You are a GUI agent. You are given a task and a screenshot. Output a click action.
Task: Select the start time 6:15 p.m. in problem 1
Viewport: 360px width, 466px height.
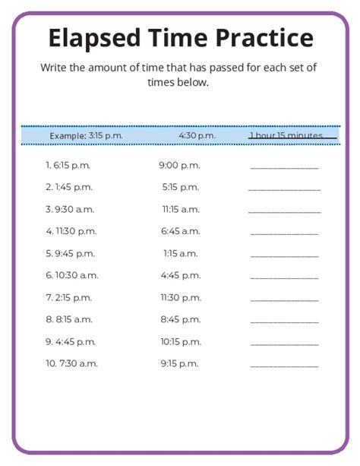(73, 165)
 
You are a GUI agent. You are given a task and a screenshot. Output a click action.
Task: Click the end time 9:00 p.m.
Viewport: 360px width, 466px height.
(179, 165)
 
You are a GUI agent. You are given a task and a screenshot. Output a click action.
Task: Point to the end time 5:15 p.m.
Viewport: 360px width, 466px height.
(180, 187)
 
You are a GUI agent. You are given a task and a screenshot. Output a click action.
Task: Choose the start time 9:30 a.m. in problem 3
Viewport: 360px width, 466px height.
(74, 209)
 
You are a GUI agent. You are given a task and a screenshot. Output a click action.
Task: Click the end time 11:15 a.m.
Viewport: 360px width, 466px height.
(180, 209)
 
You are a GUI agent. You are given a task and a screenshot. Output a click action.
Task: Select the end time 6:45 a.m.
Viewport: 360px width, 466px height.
(180, 231)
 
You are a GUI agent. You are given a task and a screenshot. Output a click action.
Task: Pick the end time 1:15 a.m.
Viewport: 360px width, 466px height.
(180, 253)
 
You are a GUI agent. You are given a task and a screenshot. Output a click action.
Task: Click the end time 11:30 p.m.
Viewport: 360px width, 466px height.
(180, 297)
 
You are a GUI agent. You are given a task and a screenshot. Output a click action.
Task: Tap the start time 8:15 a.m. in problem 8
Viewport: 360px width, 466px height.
(74, 319)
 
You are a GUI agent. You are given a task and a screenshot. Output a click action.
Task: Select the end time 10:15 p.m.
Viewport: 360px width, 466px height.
(180, 341)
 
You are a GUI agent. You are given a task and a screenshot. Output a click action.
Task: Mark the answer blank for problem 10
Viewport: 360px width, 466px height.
(284, 366)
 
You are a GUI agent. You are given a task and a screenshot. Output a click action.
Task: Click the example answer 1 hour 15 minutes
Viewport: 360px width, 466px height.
(292, 135)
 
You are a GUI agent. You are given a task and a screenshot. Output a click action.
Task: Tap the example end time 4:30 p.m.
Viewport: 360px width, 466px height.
(197, 135)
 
